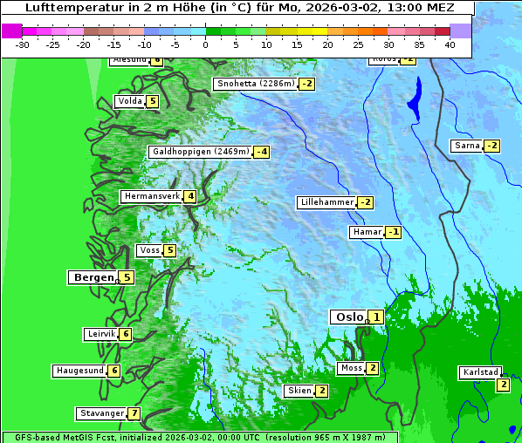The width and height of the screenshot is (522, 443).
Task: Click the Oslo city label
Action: tap(348, 317)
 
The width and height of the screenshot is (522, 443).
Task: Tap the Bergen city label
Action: tap(93, 277)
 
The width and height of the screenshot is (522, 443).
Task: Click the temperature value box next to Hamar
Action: tap(393, 232)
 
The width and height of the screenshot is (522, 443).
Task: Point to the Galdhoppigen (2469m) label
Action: tap(201, 152)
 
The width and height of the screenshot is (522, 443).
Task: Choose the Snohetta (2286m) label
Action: tap(255, 84)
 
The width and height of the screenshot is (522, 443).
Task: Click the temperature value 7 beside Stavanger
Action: tap(134, 413)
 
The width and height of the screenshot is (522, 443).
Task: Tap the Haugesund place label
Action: tap(80, 371)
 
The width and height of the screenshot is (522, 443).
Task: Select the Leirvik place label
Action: tap(101, 334)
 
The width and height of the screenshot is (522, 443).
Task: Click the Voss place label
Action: tap(149, 250)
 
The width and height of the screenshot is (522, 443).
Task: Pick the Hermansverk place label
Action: tap(151, 196)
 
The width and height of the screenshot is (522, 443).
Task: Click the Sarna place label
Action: tap(467, 145)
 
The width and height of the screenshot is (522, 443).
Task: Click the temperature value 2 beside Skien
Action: tap(321, 391)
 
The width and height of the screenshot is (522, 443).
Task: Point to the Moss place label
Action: tap(351, 368)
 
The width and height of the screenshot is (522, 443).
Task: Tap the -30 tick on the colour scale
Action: tap(23, 44)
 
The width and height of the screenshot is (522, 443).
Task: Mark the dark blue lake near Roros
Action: tap(415, 98)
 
